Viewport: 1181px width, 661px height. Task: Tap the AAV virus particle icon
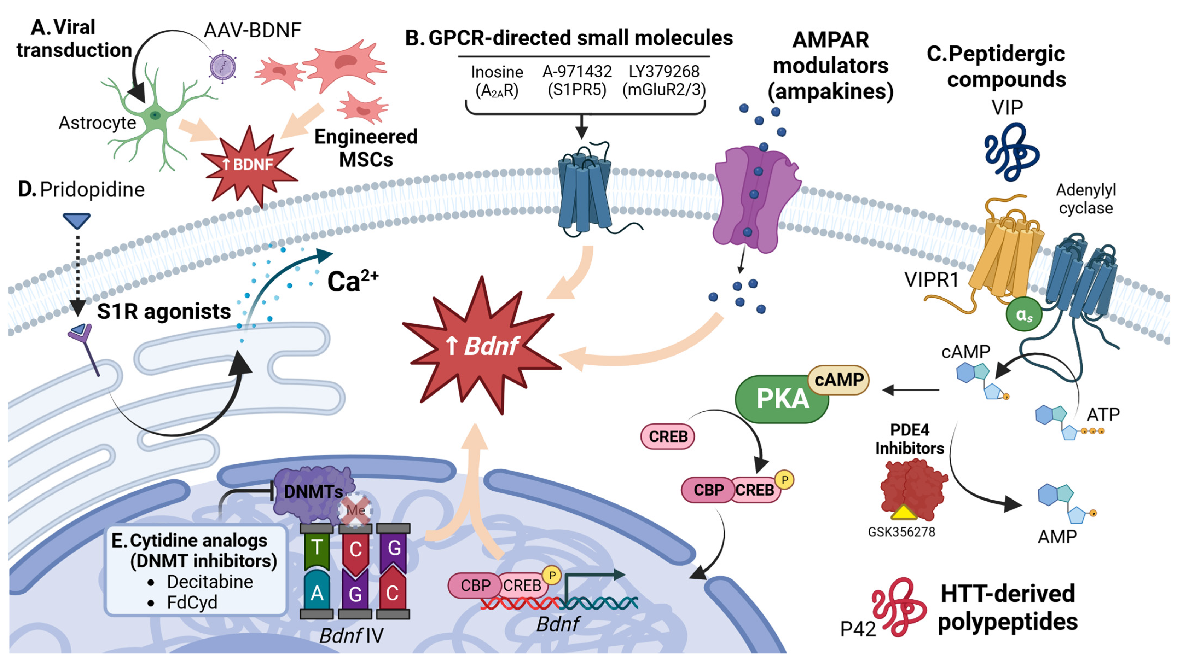pyautogui.click(x=223, y=67)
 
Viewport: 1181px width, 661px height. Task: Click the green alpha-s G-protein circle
pyautogui.click(x=1024, y=315)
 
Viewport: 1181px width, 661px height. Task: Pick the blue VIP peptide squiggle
pyautogui.click(x=1011, y=151)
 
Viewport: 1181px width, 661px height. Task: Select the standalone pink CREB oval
pyautogui.click(x=668, y=436)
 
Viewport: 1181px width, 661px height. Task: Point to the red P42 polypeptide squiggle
pyautogui.click(x=896, y=607)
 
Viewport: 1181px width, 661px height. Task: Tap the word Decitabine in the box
pyautogui.click(x=210, y=582)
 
